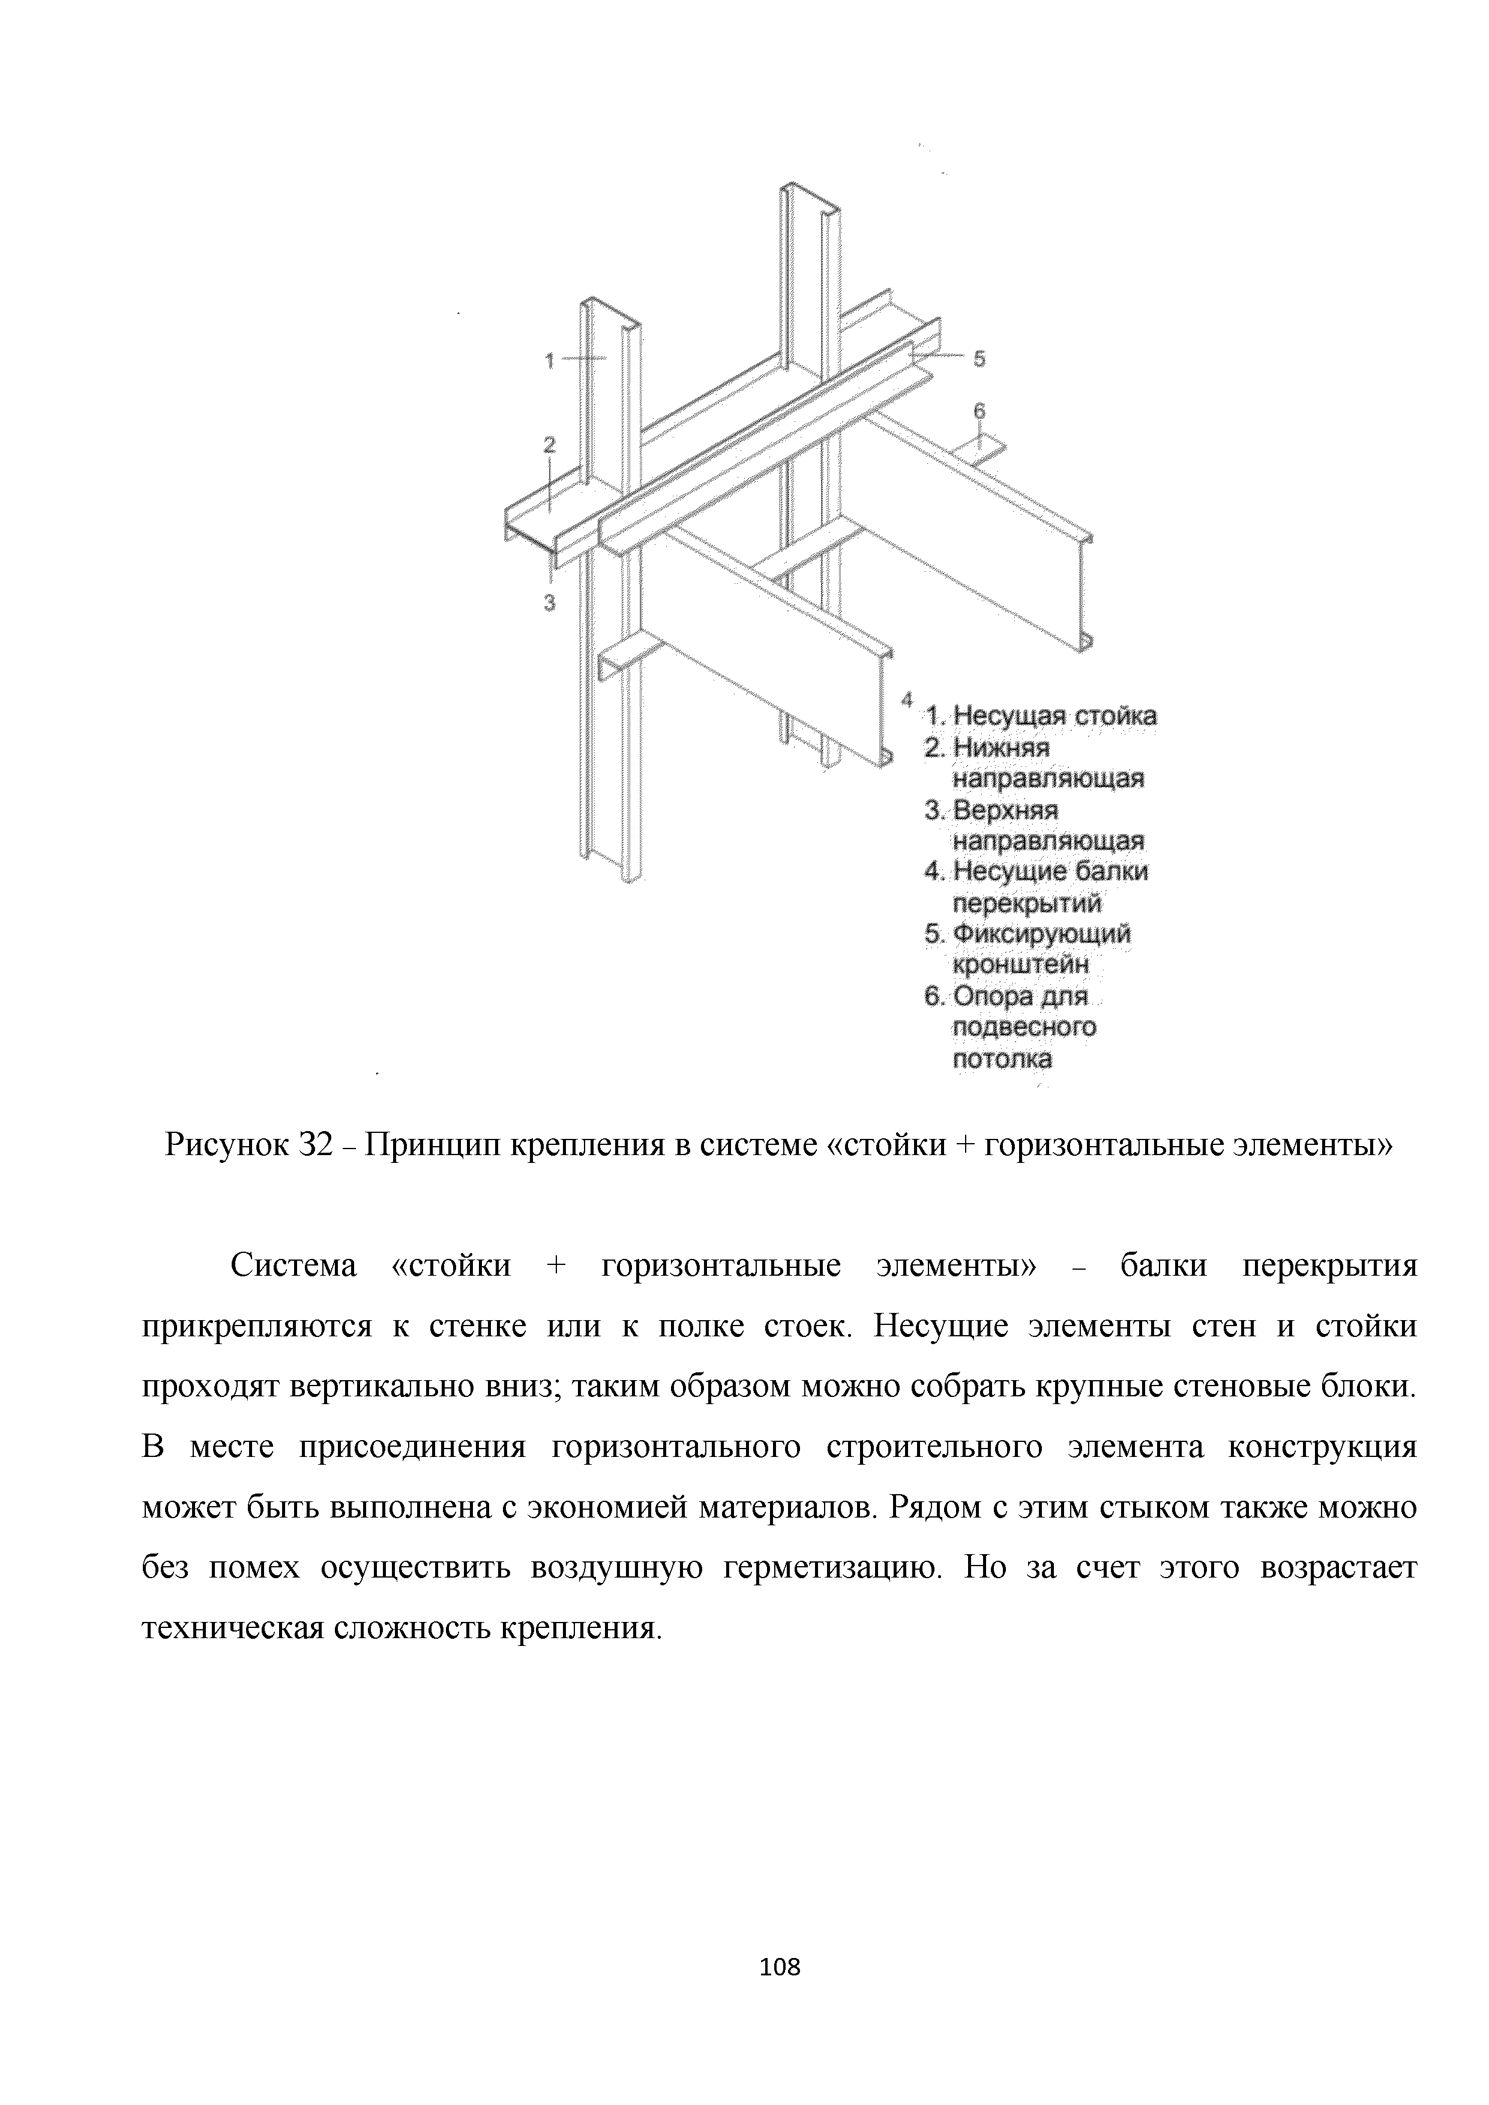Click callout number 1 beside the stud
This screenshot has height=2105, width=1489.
click(x=550, y=361)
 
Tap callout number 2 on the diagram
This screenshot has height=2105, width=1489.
click(x=549, y=445)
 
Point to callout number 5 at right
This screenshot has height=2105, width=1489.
click(x=979, y=359)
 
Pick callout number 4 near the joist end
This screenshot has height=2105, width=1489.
click(x=906, y=700)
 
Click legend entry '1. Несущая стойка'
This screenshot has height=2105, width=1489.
click(x=1041, y=716)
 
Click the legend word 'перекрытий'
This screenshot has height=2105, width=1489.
click(x=1027, y=904)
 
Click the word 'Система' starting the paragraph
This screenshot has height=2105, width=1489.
click(x=292, y=1266)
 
